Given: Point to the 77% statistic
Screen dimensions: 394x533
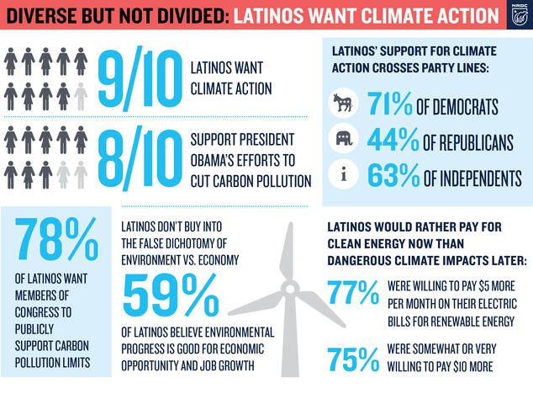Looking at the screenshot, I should coord(353,294).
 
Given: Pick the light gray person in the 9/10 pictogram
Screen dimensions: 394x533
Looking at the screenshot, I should coord(81,96).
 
